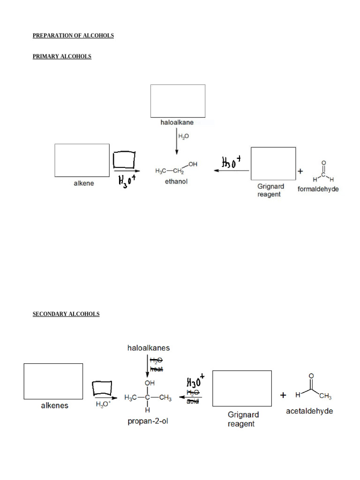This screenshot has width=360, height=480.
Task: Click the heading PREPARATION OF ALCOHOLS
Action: [x=73, y=36]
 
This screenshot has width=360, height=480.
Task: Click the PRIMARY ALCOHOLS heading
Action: [x=62, y=57]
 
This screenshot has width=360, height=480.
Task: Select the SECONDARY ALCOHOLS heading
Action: [x=66, y=314]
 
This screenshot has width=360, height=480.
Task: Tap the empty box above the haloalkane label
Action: [x=178, y=101]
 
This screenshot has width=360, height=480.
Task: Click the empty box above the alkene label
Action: [x=82, y=160]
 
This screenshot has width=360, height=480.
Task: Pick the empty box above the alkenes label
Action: [x=53, y=381]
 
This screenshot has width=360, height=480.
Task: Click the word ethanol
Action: [x=176, y=181]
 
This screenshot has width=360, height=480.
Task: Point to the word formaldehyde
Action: [x=318, y=189]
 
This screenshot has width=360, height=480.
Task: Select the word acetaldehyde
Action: [x=310, y=411]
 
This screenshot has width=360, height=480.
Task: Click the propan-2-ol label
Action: [x=148, y=421]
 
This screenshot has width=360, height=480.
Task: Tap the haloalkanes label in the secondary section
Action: [x=149, y=348]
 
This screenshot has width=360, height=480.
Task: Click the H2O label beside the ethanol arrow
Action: [x=183, y=136]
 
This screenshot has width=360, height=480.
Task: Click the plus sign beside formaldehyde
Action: [x=300, y=172]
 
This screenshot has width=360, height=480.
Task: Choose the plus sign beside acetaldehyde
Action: [x=284, y=395]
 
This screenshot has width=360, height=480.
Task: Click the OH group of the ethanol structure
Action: [x=193, y=165]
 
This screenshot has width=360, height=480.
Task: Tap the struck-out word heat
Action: [x=156, y=369]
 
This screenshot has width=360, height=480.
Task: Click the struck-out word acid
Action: [x=193, y=401]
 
